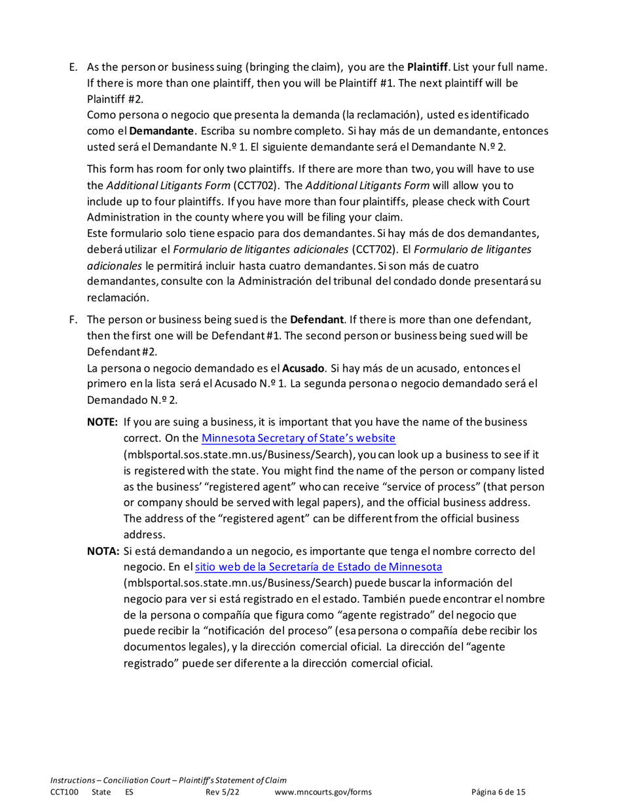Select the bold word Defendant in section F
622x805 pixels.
click(x=317, y=321)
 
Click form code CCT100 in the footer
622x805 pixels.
click(x=64, y=791)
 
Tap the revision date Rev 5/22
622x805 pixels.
click(x=221, y=791)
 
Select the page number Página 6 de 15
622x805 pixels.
click(x=498, y=791)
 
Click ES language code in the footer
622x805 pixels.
click(x=129, y=791)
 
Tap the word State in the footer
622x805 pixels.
click(x=101, y=791)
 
